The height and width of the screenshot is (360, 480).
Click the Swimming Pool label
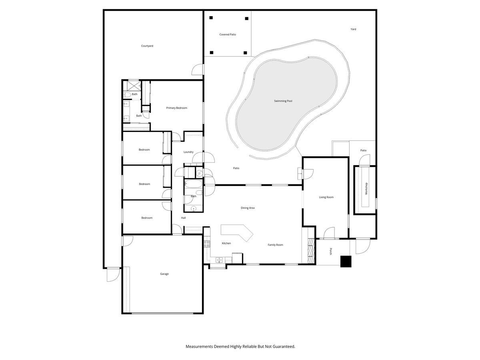pos(283,101)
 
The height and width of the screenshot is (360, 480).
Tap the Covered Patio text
pos(228,34)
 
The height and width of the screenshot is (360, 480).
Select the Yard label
pos(353,29)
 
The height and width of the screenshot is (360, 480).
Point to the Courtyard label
pos(147,46)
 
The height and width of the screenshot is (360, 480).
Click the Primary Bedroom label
pos(176,108)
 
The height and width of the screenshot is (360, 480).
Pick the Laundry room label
pos(188,152)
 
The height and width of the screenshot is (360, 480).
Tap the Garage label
pos(164,274)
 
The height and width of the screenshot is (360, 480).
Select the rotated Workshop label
pos(366,188)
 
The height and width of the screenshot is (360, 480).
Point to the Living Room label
pos(326,197)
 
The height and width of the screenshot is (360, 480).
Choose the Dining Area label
pos(248,208)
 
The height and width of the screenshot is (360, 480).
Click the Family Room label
pos(275,245)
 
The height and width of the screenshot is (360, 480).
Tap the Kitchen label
pos(226,243)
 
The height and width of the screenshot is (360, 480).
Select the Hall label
pos(183,218)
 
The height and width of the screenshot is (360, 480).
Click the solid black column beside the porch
pos(346,261)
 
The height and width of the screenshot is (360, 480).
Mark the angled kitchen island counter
pos(238,232)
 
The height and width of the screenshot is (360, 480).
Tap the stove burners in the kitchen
pos(207,243)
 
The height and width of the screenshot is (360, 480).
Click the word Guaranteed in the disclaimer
pos(282,346)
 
